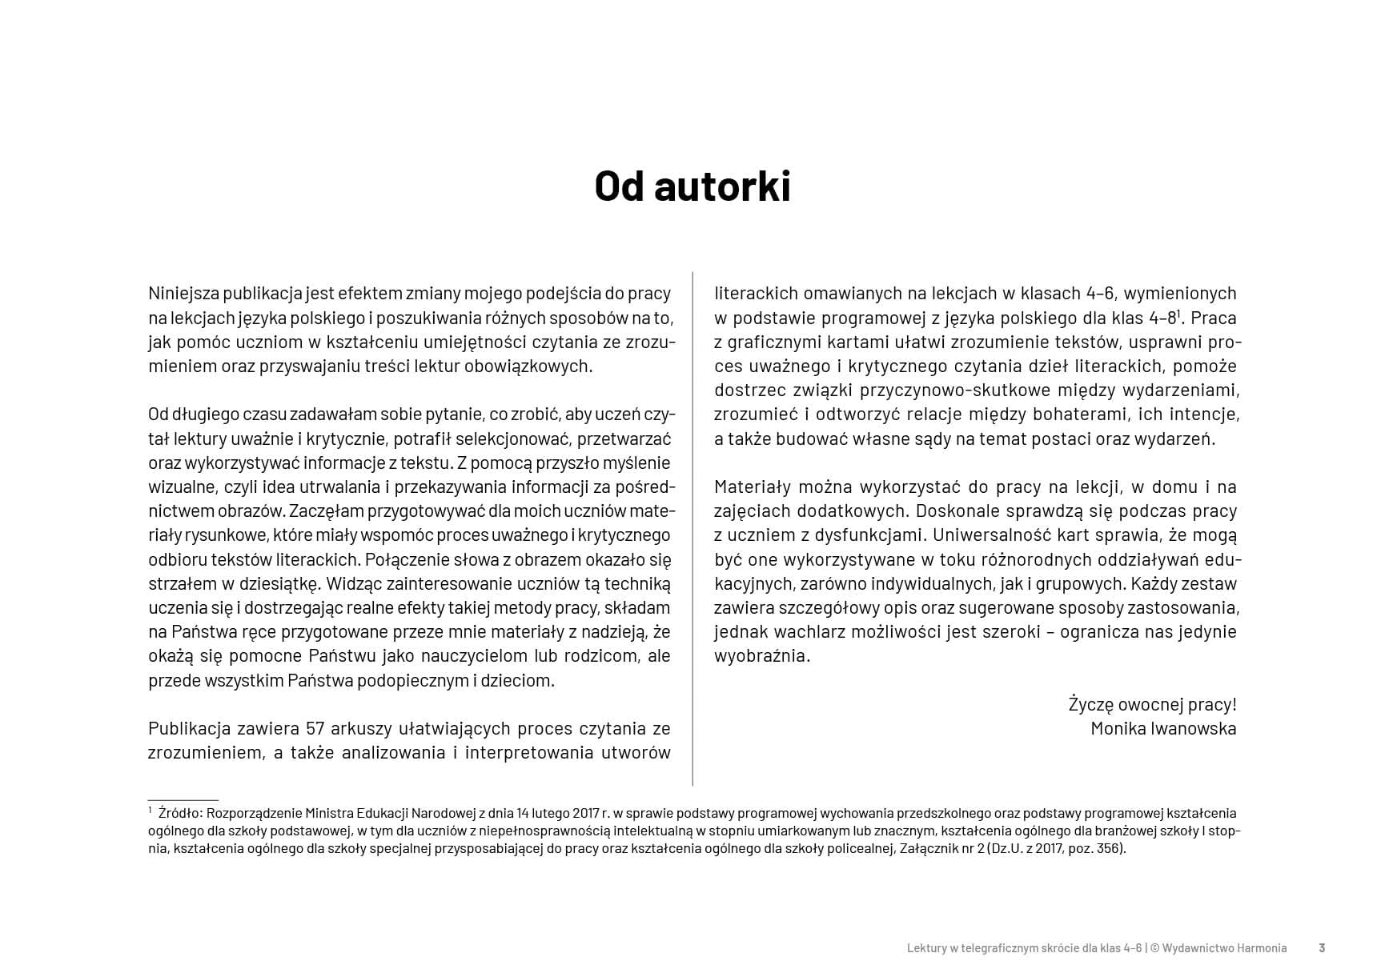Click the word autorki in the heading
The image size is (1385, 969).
pos(722,186)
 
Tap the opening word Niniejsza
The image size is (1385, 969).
pos(183,293)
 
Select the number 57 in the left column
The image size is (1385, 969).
pos(315,728)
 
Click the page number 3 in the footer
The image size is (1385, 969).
pos(1322,948)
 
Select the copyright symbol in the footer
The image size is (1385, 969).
pos(1155,948)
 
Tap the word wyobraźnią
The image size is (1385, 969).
pos(761,656)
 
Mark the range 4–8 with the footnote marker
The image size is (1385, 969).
pos(1162,318)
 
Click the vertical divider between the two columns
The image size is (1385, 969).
pos(692,528)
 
